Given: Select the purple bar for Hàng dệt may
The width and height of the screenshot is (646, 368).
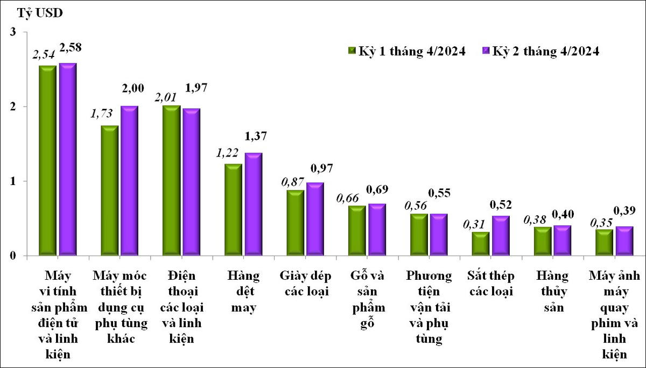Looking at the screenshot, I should coord(254,204).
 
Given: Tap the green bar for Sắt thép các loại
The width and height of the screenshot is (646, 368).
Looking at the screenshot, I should coord(481,244).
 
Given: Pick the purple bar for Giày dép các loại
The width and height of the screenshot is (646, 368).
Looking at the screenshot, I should coord(315,219).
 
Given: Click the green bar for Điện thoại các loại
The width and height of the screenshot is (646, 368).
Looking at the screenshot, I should coord(171,180).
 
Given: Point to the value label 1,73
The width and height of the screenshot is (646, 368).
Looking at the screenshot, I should coord(102,115).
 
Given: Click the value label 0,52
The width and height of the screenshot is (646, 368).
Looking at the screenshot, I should coord(501,205).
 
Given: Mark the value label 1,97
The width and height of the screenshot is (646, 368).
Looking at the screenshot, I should coord(195,88).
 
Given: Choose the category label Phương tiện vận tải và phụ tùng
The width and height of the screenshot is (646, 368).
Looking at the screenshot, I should coord(429,307).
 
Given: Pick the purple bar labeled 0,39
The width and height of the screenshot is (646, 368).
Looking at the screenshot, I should coord(624,240).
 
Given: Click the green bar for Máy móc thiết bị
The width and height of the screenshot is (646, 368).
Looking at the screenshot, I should coord(110,190).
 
